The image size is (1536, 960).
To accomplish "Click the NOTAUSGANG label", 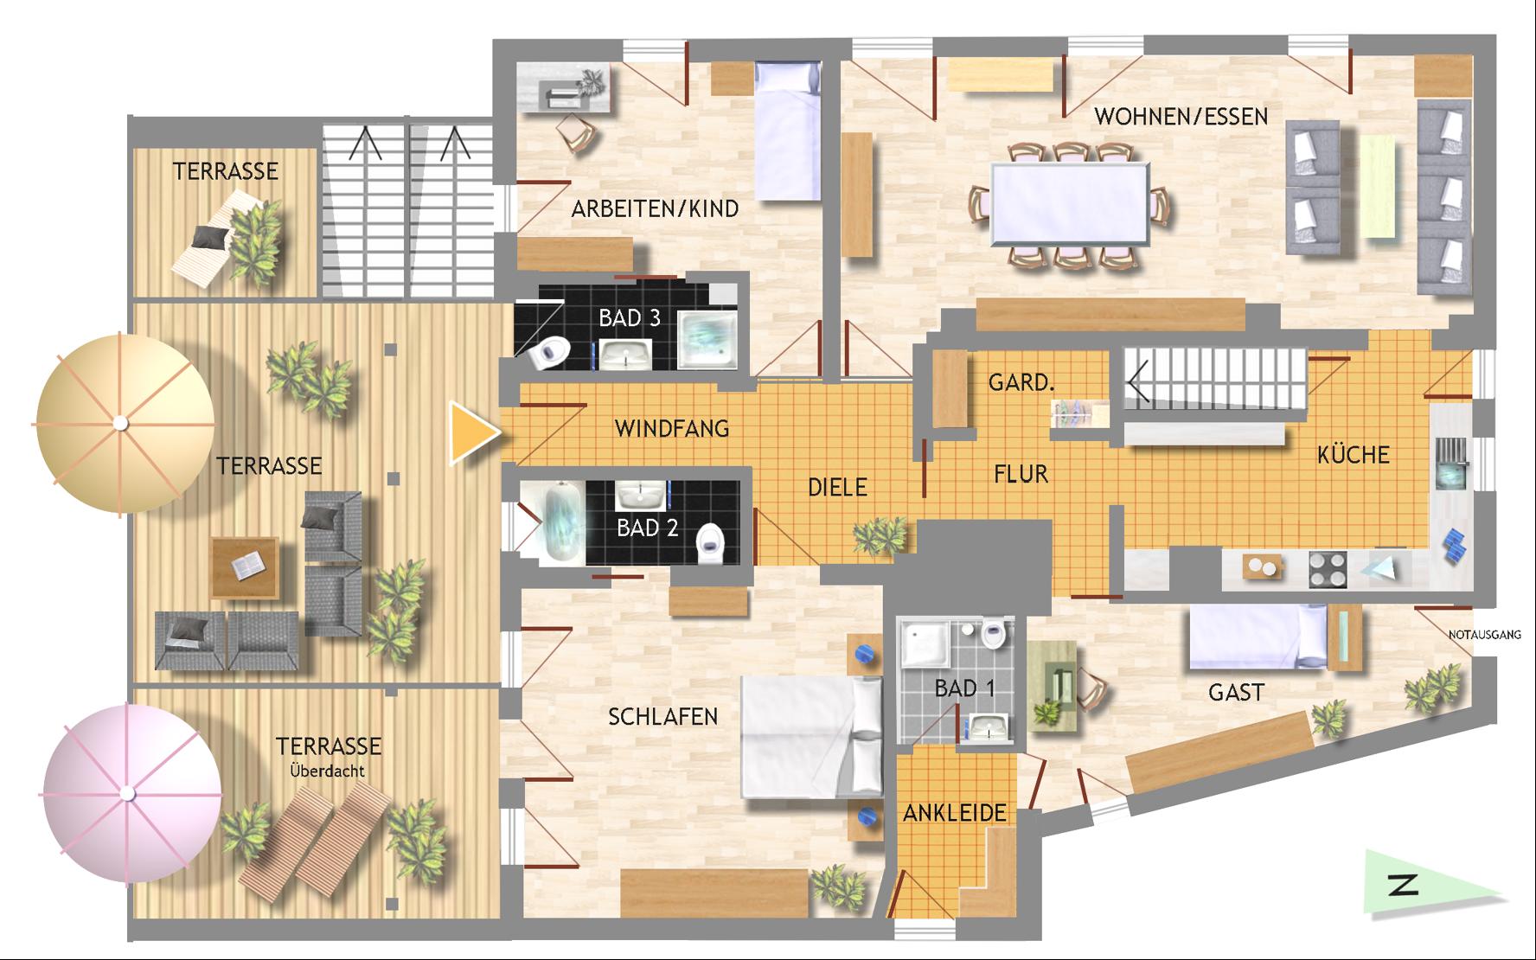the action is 1484,635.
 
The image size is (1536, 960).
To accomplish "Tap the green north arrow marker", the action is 1427,883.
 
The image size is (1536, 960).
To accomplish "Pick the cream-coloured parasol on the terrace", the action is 121,422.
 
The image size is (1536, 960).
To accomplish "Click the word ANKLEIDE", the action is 955,813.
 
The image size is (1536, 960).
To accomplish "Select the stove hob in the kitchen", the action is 1328,570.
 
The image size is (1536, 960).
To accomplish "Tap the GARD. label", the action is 1021,381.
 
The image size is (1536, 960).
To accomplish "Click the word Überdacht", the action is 327,770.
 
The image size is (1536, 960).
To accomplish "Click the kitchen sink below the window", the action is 1450,464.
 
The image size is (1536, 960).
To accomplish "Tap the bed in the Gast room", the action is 1258,637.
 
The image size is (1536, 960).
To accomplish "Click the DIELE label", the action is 837,487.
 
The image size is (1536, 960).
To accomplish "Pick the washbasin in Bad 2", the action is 640,496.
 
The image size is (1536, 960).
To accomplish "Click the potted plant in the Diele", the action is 880,534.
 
